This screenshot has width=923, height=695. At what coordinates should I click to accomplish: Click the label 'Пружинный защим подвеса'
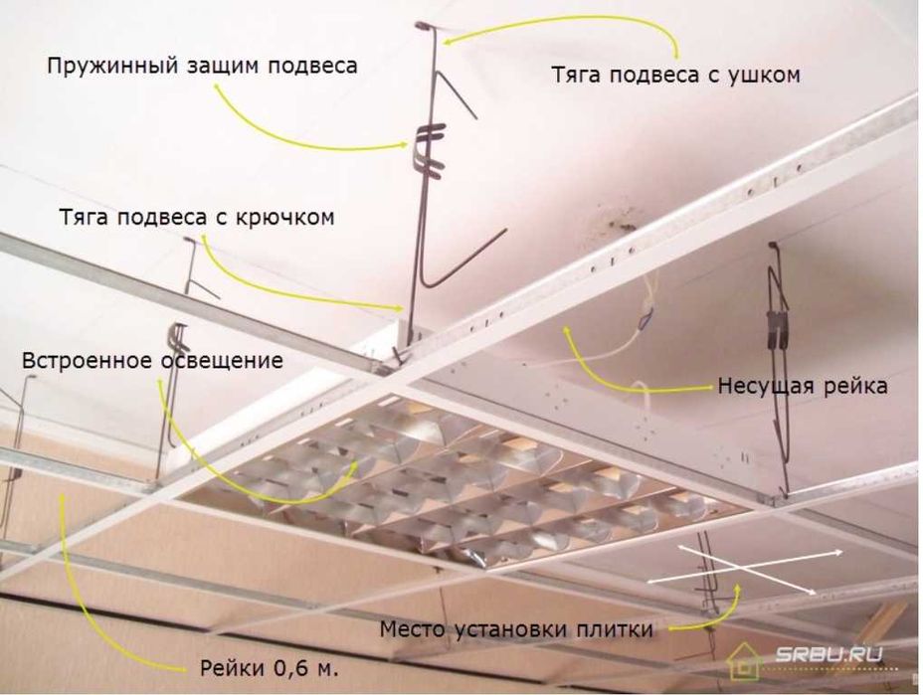click(202, 66)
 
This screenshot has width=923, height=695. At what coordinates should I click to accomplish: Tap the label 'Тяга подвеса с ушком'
click(676, 74)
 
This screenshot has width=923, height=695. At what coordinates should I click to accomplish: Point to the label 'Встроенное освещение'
click(153, 359)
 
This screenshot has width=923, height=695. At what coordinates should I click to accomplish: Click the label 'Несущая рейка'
click(803, 386)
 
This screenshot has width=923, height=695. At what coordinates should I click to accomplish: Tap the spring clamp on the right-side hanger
click(778, 328)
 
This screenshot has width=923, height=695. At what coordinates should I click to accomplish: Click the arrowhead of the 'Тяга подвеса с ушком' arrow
click(447, 40)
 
